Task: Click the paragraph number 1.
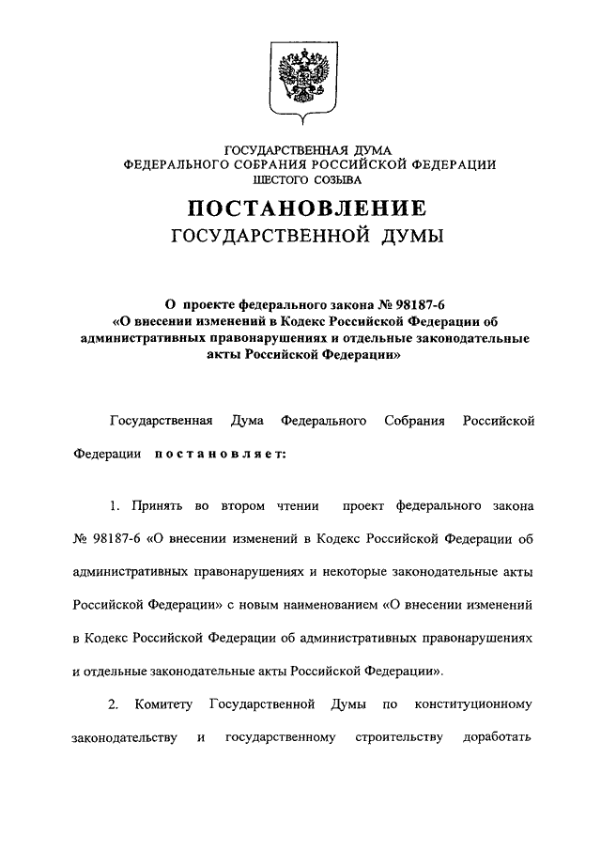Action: click(x=114, y=506)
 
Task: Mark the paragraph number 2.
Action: click(x=113, y=703)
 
